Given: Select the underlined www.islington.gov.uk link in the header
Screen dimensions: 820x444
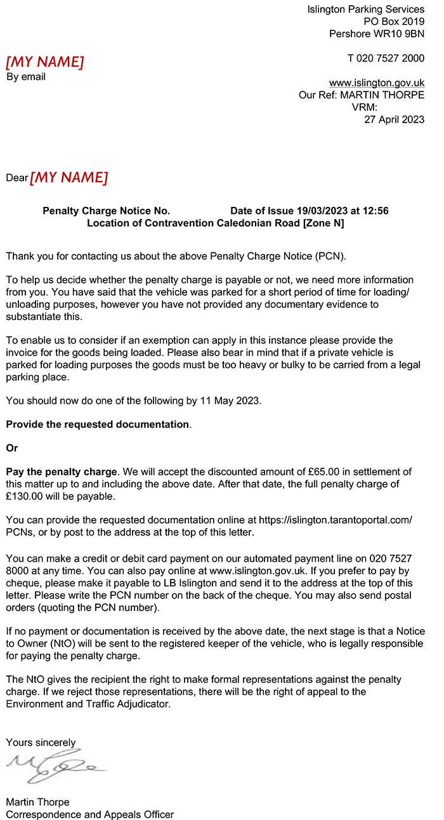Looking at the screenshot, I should pos(376,83).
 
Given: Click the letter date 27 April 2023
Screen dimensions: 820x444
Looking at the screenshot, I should pos(394,119).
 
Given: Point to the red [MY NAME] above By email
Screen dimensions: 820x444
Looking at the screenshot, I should pos(44,62).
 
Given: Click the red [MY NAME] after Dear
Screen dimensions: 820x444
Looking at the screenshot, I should pos(69,178).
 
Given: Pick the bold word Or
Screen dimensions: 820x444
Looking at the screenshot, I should pos(12,448).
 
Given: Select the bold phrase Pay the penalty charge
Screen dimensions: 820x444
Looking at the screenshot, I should pos(62,472).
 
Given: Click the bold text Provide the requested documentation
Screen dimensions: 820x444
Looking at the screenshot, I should pos(98,424).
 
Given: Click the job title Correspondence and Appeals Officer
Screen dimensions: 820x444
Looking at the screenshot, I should pos(89,814).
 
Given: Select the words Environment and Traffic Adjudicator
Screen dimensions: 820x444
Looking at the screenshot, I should pos(88,704).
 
